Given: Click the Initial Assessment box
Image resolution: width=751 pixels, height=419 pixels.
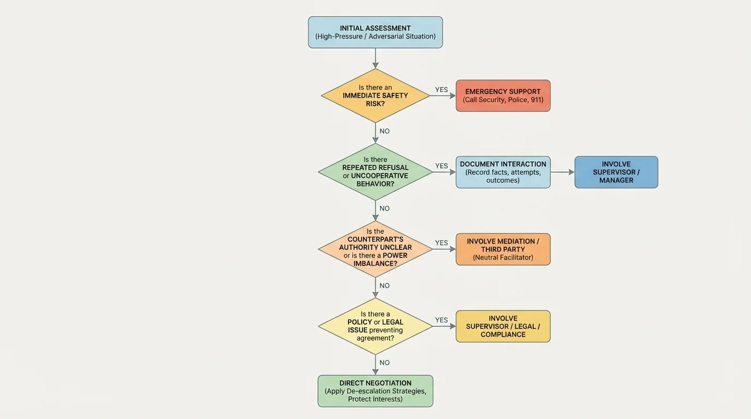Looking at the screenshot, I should point(375,32).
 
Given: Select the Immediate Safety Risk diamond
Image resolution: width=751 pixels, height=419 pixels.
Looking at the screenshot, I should point(375,95).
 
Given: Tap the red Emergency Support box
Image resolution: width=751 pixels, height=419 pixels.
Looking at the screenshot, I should point(503,95).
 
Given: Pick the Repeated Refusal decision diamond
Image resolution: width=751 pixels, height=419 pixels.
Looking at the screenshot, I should point(375,172).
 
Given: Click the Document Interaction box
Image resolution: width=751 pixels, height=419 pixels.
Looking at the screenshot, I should point(503,172).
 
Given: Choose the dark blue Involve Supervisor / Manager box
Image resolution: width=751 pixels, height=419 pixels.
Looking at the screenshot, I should point(616,172).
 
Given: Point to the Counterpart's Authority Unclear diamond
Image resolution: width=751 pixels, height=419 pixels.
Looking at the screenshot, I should point(375,249).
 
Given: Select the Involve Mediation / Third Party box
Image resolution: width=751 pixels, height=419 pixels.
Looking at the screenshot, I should point(503,249).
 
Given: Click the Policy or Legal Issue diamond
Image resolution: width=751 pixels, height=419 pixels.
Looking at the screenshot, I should point(375,326).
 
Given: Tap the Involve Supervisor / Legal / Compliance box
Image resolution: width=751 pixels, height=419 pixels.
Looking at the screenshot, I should point(503,326).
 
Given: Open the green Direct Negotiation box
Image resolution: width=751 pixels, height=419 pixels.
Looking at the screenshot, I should point(375,391).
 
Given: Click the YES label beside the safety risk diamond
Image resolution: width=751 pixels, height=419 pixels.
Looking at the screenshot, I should point(441,89).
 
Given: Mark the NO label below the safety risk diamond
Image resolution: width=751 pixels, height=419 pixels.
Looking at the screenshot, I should point(385,131).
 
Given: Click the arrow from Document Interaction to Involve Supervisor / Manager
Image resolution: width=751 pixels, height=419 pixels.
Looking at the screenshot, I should point(562,172).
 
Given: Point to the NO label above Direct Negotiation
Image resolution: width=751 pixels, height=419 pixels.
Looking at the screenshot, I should point(385,362).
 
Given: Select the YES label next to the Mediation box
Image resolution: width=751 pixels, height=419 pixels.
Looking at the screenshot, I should point(441,243).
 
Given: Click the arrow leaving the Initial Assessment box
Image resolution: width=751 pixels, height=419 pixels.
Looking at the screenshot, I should point(375,58).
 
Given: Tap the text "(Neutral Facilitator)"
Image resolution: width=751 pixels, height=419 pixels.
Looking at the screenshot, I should point(503,258).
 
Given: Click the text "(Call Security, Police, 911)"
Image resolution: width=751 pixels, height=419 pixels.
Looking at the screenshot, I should point(503,100).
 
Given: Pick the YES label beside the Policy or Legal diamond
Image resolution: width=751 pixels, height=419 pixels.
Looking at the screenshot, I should point(441,320).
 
